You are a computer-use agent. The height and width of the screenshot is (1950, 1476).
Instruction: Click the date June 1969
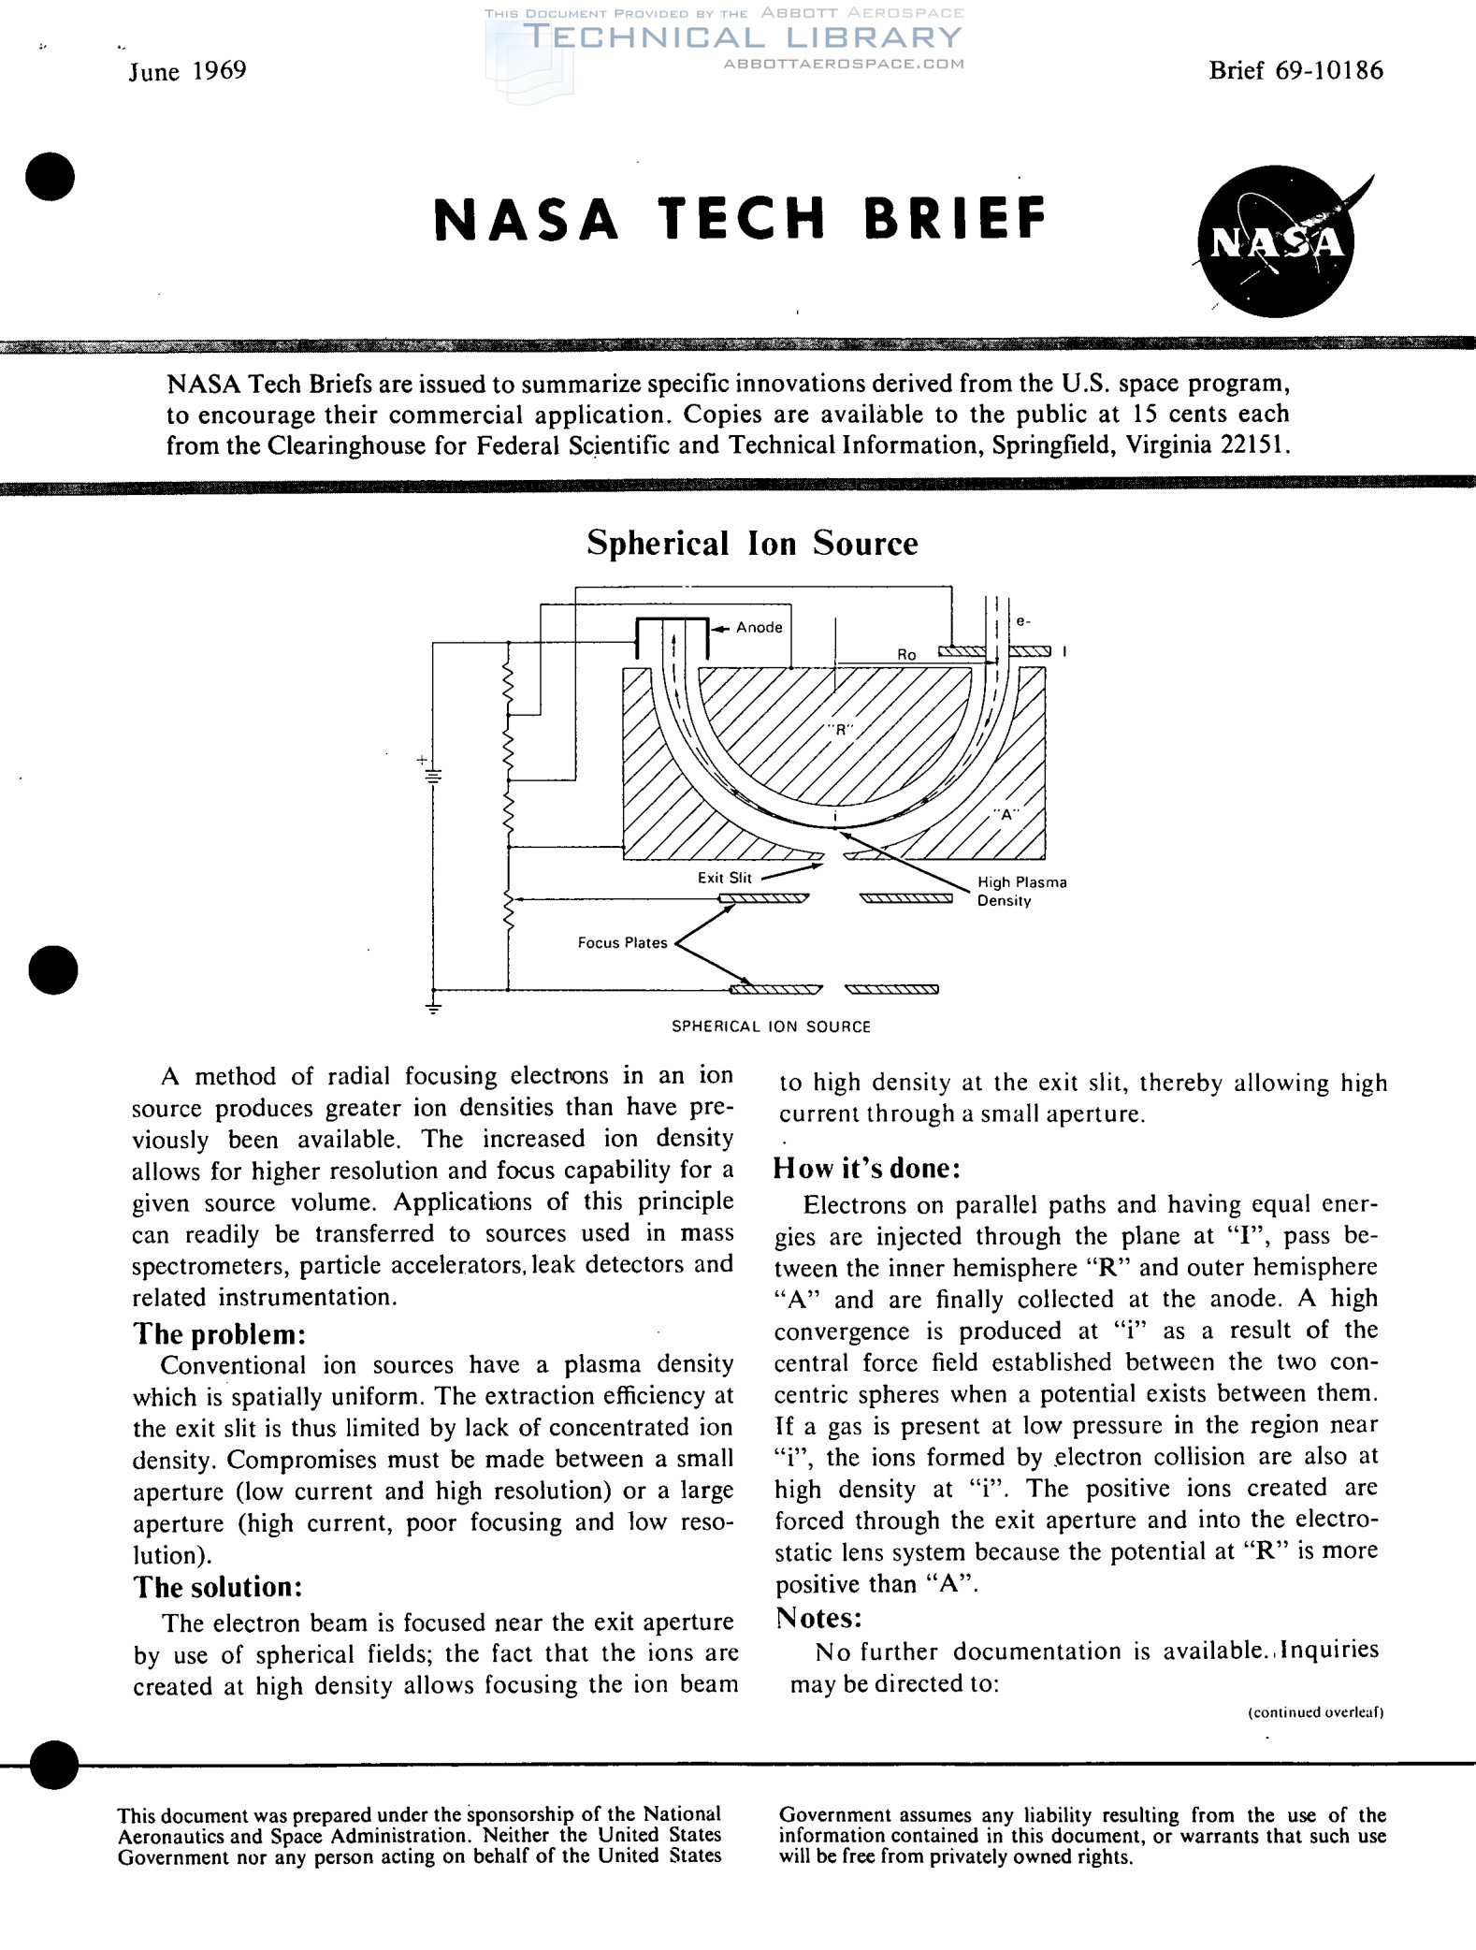pyautogui.click(x=187, y=71)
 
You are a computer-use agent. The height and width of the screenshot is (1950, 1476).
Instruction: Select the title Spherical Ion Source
pyautogui.click(x=752, y=543)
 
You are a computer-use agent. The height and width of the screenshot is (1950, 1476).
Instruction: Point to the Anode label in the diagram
pyautogui.click(x=759, y=627)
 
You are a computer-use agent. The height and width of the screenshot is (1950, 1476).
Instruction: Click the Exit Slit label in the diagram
pyautogui.click(x=724, y=877)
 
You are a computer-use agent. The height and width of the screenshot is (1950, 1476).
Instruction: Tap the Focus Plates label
pyautogui.click(x=622, y=942)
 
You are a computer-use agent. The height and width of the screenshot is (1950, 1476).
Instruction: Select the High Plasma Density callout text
pyautogui.click(x=1021, y=891)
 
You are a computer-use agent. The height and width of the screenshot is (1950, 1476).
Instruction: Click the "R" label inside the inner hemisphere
pyautogui.click(x=840, y=730)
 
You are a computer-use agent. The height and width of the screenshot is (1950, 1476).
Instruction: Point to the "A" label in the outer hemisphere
pyautogui.click(x=1006, y=814)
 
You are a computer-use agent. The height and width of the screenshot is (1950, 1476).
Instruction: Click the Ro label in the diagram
pyautogui.click(x=906, y=655)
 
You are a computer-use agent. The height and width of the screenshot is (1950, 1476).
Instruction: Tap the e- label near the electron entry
pyautogui.click(x=1023, y=620)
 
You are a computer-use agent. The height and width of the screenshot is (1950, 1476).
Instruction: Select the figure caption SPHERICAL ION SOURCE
pyautogui.click(x=771, y=1026)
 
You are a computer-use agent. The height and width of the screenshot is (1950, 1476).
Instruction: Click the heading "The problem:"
pyautogui.click(x=219, y=1333)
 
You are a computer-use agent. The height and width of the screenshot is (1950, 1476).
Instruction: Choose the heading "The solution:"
pyautogui.click(x=218, y=1587)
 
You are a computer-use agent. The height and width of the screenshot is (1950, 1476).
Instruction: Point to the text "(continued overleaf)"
pyautogui.click(x=1316, y=1712)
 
